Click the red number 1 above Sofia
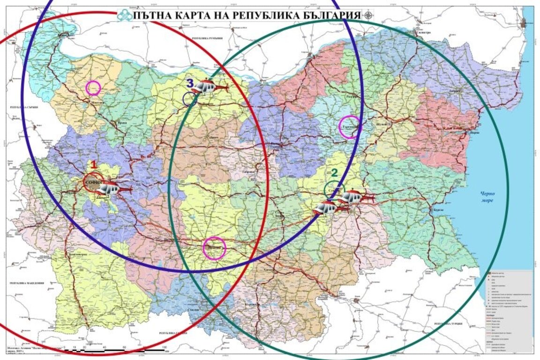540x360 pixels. point(93,165)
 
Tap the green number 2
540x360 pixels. point(334,172)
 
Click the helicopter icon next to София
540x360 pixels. point(111,188)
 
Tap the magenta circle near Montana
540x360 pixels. point(93,88)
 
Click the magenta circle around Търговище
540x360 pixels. point(350,127)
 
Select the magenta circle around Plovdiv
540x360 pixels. point(214,248)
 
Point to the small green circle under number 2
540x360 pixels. point(333,189)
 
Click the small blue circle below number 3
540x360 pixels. point(190,99)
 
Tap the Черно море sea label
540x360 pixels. point(487,197)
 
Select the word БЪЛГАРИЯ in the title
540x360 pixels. point(328,14)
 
